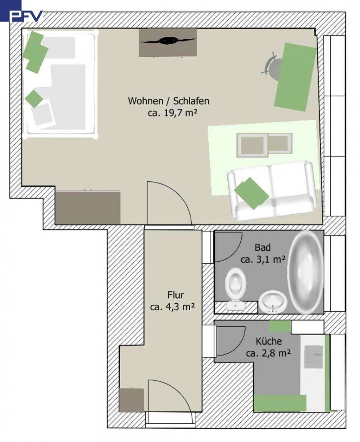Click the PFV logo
click(x=27, y=16)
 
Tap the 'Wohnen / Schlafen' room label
click(x=169, y=101)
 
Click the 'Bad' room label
click(x=263, y=247)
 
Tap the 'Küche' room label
click(x=269, y=341)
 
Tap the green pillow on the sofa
click(x=251, y=193)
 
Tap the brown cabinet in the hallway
click(x=131, y=400)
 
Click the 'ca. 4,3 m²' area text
click(x=173, y=307)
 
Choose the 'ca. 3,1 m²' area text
click(x=263, y=259)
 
